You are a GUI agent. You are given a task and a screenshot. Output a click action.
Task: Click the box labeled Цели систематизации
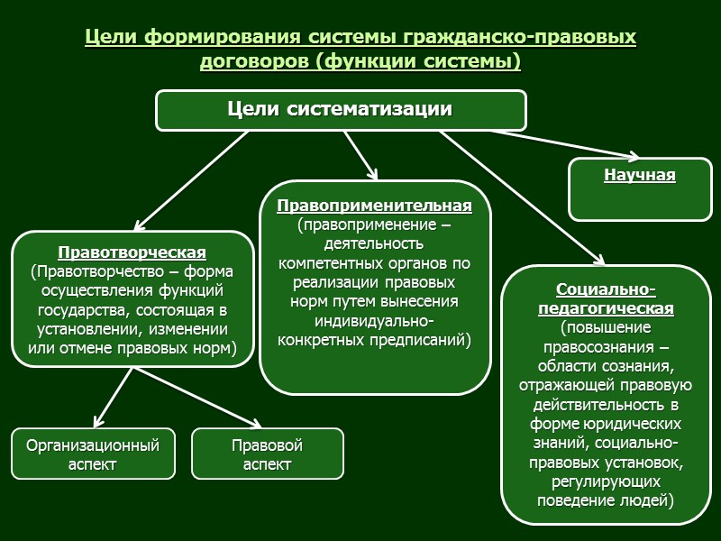pos(341,110)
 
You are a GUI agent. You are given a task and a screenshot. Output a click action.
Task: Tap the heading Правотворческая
pos(132,252)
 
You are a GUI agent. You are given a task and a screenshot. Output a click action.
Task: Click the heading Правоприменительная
pos(374,206)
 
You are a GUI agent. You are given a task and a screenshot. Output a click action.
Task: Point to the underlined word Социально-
pos(606,289)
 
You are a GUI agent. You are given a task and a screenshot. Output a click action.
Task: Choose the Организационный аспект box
pos(93,454)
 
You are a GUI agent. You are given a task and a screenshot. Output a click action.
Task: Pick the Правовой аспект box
pos(267,454)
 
